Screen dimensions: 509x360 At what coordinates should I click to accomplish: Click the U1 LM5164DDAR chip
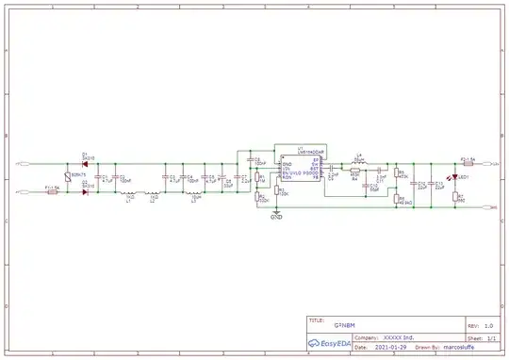[298, 168]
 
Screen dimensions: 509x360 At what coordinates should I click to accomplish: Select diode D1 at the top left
[85, 166]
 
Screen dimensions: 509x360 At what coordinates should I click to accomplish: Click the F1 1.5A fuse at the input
[53, 192]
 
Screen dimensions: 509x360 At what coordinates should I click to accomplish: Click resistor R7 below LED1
[457, 199]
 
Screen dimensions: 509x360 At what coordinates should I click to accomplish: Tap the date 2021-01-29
[374, 346]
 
